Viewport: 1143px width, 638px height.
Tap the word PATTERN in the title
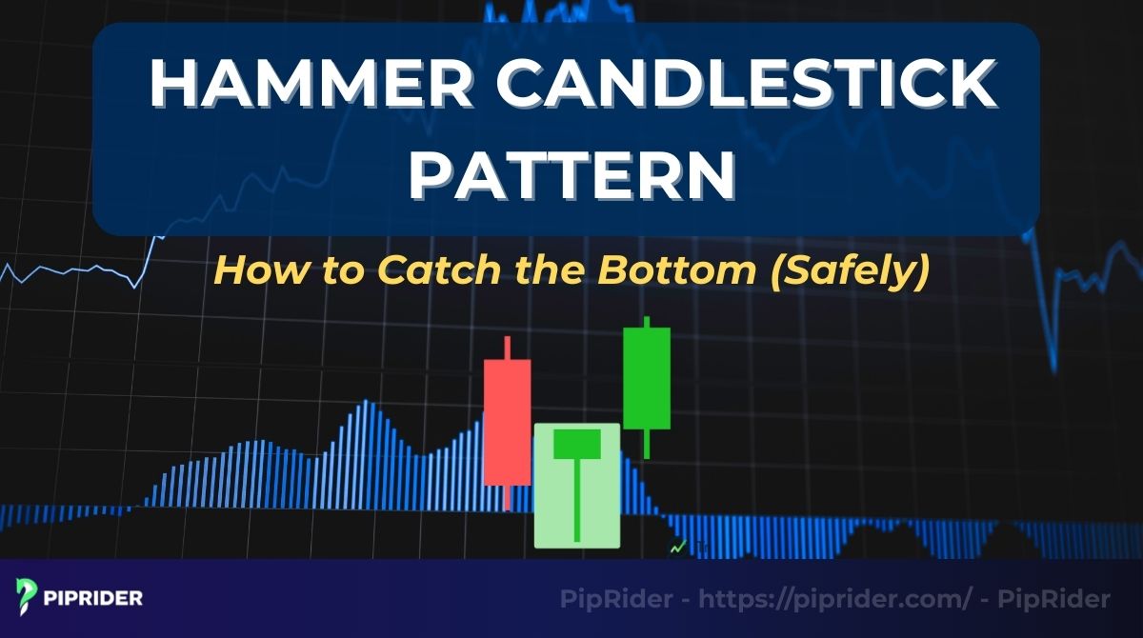click(x=571, y=176)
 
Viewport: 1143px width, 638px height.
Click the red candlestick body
click(x=507, y=422)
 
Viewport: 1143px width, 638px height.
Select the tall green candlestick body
click(x=647, y=377)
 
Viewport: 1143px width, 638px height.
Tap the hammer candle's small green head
click(x=576, y=443)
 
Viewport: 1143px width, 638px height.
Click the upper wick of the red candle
click(x=508, y=348)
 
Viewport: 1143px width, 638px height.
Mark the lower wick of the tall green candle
click(x=647, y=444)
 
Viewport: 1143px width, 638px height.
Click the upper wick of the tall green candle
click(x=647, y=322)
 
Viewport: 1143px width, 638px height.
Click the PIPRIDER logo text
click(x=93, y=599)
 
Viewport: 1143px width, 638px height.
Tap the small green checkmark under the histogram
click(x=678, y=548)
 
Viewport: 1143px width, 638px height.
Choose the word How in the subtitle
click(x=241, y=270)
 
